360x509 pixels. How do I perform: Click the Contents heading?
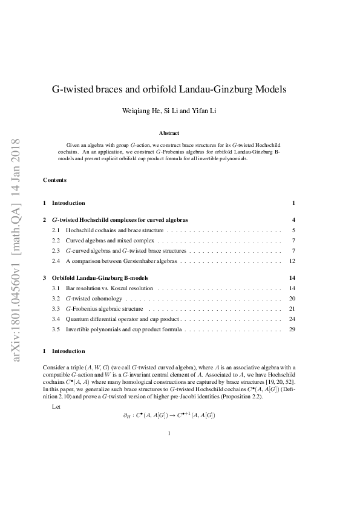55,180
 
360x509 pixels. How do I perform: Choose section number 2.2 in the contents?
56,240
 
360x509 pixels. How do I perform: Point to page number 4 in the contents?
293,219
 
